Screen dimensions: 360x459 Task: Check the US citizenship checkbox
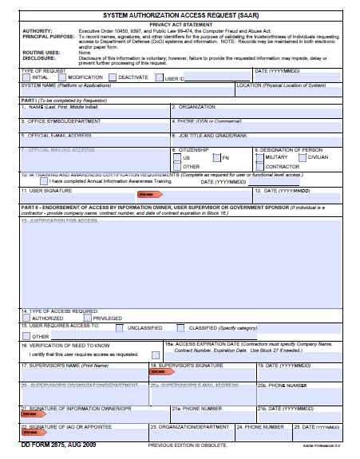point(176,157)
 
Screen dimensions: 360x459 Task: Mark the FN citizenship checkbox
point(216,157)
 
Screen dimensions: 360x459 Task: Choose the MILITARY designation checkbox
point(259,157)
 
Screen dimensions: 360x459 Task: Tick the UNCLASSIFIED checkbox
point(119,326)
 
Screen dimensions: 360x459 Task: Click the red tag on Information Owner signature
point(30,415)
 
